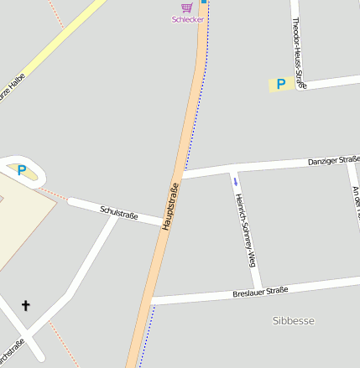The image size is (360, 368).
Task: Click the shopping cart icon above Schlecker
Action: click(x=186, y=8)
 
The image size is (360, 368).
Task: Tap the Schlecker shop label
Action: click(x=187, y=19)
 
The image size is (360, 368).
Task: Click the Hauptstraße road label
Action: click(x=170, y=206)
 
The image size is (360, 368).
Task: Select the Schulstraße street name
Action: click(x=118, y=214)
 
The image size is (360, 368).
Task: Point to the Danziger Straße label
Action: click(x=333, y=159)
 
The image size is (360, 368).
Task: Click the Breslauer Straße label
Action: click(x=260, y=292)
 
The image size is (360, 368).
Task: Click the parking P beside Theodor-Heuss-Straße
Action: click(x=280, y=84)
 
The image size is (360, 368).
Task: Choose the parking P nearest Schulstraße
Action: click(x=22, y=170)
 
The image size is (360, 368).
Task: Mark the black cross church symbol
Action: click(x=25, y=306)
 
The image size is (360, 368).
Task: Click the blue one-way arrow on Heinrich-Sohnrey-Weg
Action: click(x=236, y=181)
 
